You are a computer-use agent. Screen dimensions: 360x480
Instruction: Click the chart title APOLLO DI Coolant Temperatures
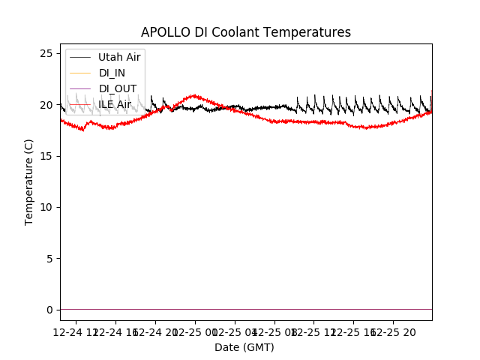tap(246, 32)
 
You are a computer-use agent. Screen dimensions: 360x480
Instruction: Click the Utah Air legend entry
tap(119, 57)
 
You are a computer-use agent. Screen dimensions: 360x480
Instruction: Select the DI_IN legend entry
tap(113, 73)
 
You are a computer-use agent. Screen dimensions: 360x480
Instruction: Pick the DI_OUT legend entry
tap(118, 88)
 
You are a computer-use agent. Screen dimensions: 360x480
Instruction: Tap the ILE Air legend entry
tap(115, 104)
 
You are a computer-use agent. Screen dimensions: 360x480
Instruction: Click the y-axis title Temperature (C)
tap(29, 181)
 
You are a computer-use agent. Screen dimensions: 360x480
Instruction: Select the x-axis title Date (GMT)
tap(244, 347)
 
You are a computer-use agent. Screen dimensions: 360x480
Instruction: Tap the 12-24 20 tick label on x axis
tap(155, 331)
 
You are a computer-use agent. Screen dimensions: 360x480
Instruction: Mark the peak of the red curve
tap(195, 95)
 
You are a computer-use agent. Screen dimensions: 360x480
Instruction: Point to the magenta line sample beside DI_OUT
tap(80, 88)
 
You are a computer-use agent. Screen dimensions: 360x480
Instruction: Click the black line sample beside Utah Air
tap(80, 57)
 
